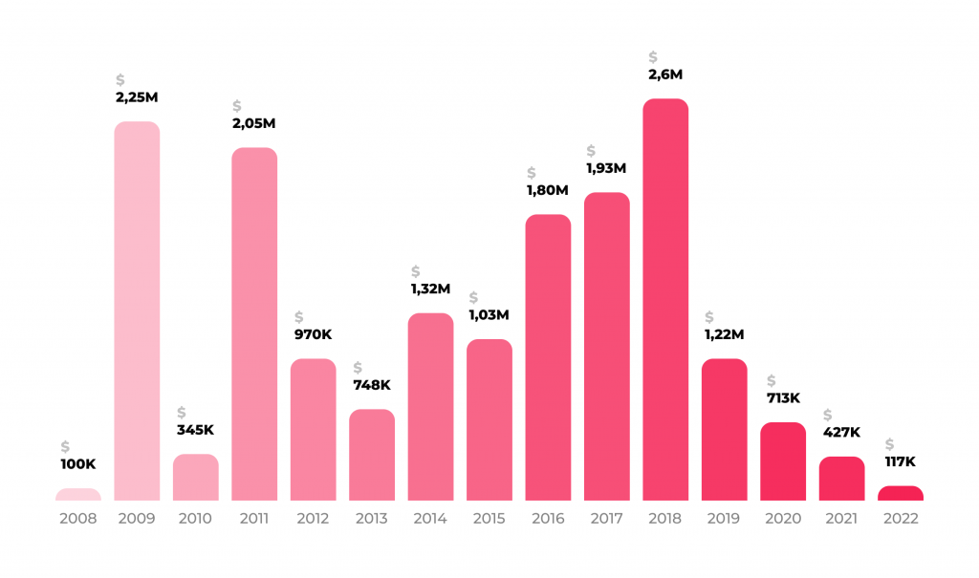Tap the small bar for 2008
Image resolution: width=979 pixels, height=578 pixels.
click(78, 494)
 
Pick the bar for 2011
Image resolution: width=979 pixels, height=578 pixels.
click(254, 324)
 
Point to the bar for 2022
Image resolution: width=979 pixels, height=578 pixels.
click(901, 493)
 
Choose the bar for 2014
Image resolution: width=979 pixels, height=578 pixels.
click(430, 406)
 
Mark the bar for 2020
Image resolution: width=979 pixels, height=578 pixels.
click(783, 460)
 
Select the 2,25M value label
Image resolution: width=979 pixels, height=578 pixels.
click(138, 97)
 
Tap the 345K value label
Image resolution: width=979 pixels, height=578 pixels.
click(195, 429)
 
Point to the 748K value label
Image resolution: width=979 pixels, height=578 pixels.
click(372, 385)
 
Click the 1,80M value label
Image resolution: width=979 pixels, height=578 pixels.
click(547, 190)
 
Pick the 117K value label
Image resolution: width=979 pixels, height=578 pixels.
click(901, 461)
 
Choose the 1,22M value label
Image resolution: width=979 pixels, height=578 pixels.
click(724, 334)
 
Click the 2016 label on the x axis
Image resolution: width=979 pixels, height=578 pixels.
click(548, 519)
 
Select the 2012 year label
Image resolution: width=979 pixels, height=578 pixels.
click(313, 519)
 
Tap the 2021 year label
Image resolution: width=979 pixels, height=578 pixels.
click(841, 519)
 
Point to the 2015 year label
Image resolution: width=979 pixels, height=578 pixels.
click(489, 519)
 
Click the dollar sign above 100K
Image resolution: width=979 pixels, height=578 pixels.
click(65, 446)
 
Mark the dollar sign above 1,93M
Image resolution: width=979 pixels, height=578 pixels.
click(591, 151)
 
